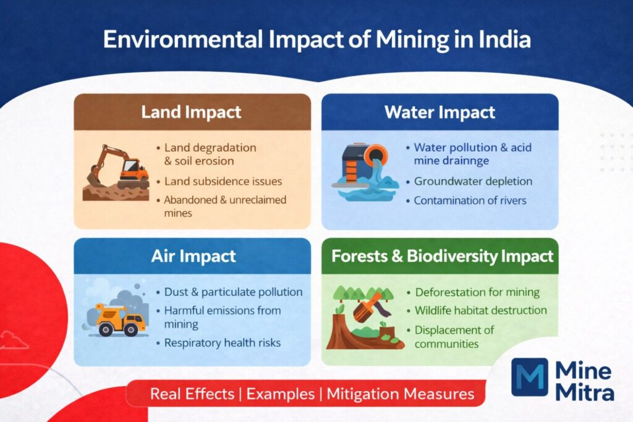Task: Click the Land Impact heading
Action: point(191,112)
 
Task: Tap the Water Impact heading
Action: point(440,112)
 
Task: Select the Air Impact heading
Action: point(193,256)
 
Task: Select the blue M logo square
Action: point(530,377)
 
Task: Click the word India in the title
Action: point(504,40)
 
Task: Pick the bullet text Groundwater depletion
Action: point(473,182)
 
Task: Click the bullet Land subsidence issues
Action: point(223,182)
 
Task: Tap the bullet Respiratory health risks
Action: point(222,342)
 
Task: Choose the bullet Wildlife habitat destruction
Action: point(481,310)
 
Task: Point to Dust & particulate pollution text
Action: point(233,292)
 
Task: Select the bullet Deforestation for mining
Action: point(477,292)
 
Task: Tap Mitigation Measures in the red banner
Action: point(401,394)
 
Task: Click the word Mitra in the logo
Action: point(585,392)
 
